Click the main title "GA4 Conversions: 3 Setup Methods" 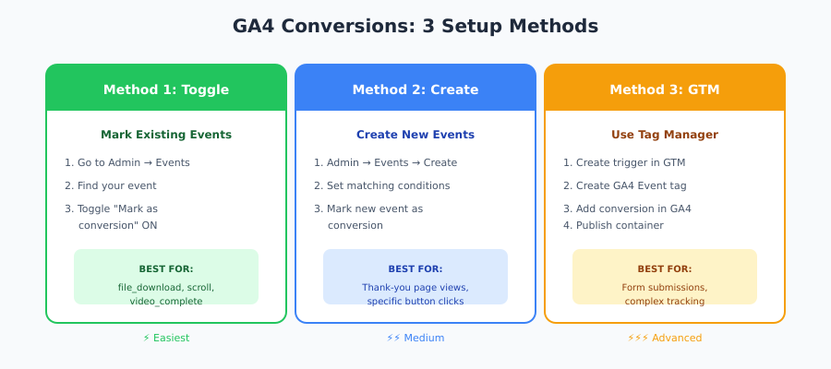tap(415, 27)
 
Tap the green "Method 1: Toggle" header tap(166, 89)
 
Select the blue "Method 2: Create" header tap(415, 89)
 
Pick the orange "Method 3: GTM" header tap(665, 89)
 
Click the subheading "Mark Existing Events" tap(166, 135)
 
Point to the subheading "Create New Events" tap(415, 135)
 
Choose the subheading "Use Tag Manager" tap(665, 135)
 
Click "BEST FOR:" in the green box tap(166, 268)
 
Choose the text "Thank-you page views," tap(415, 287)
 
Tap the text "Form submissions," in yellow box tap(665, 287)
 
